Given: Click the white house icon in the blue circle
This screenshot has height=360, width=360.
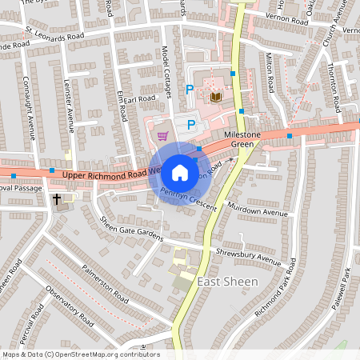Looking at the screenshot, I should coord(180,172).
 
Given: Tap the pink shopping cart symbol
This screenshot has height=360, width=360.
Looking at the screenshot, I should coord(163,135).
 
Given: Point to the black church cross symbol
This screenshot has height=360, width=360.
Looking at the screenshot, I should coord(57,198).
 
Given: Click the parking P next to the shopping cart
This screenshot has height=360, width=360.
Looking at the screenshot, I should coord(190,124).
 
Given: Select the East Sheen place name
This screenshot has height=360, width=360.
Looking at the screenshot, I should coord(227,282).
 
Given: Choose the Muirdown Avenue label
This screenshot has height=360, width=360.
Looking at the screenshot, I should coord(260,214).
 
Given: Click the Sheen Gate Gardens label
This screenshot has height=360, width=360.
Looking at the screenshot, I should coord(130,230).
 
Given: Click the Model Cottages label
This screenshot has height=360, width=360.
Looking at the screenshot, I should coord(168,71).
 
